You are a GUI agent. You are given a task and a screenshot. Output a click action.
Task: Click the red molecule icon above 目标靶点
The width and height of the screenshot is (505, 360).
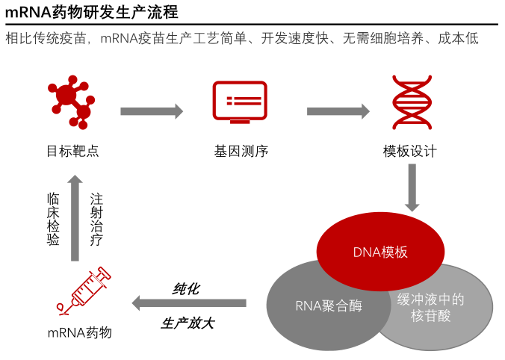72,102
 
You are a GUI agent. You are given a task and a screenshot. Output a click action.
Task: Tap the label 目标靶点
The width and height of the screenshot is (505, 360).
72,152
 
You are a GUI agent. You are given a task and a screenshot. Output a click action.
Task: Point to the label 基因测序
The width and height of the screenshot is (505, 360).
241,152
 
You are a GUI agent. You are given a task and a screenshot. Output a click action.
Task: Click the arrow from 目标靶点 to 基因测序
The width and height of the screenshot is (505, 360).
152,111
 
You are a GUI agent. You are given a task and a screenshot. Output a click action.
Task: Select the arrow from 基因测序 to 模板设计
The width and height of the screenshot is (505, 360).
338,111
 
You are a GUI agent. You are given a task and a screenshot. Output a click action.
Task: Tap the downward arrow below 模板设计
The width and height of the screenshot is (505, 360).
412,187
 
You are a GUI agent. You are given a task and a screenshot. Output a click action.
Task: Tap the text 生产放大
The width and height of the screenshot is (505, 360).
188,323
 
